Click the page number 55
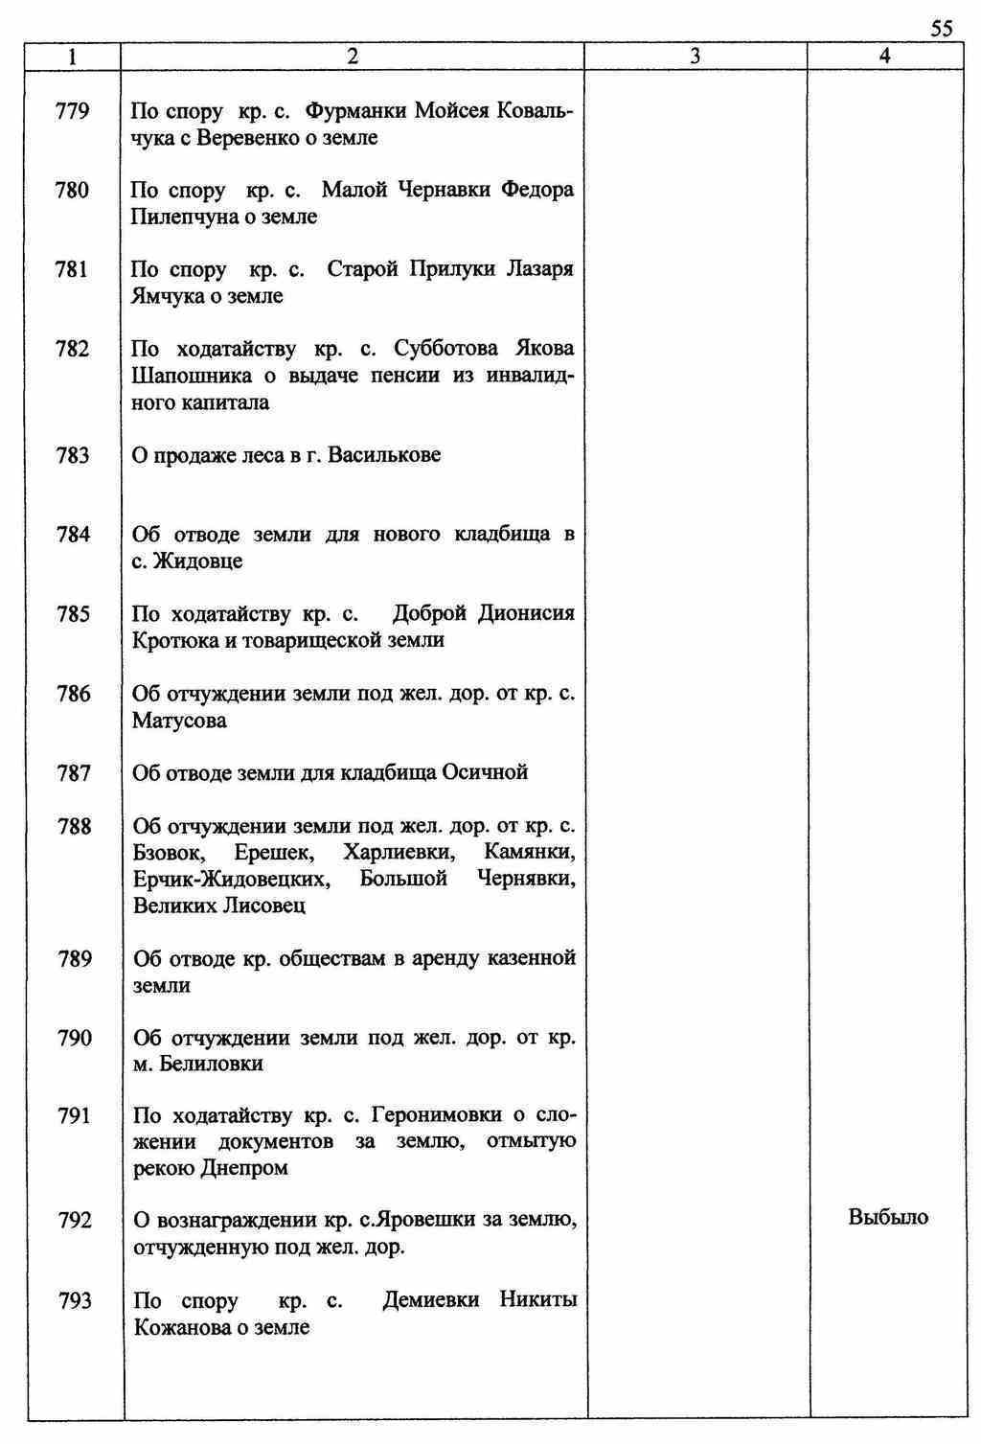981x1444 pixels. click(x=942, y=29)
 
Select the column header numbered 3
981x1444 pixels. click(x=695, y=57)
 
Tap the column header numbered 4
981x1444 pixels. click(x=884, y=57)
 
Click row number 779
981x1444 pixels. click(x=73, y=112)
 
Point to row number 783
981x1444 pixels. click(x=73, y=455)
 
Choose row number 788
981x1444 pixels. click(x=74, y=826)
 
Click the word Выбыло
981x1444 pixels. click(x=888, y=1218)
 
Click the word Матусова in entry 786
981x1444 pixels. click(x=179, y=721)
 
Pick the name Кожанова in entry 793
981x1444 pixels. click(x=182, y=1328)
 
